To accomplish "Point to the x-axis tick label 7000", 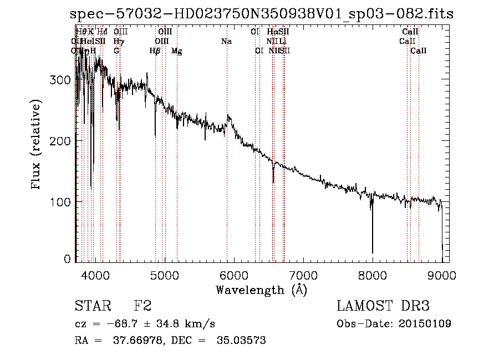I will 303,275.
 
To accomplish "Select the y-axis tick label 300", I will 61,80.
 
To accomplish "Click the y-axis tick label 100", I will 61,202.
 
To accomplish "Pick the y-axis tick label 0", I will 68,259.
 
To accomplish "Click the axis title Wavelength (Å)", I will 261,289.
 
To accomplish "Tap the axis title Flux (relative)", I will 37,145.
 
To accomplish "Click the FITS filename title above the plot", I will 262,14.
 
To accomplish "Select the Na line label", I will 226,41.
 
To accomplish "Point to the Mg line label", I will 176,51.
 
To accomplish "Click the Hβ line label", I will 155,50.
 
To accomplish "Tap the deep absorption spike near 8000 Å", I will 372,233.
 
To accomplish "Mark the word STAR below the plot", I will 92,306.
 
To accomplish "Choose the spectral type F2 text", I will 142,306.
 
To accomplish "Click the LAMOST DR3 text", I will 383,306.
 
